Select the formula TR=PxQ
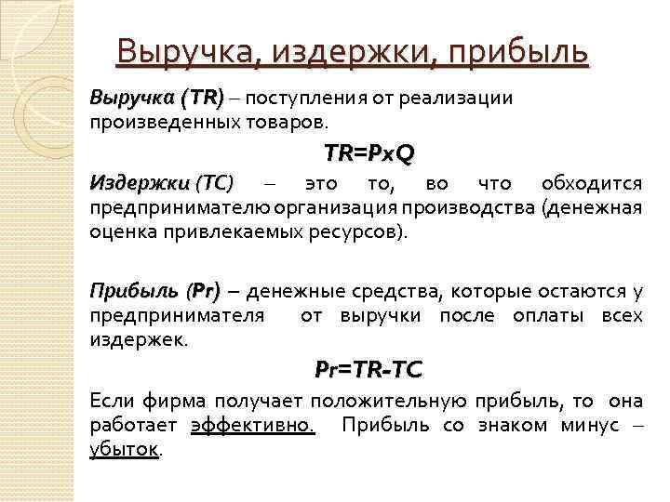point(368,152)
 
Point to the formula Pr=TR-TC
point(368,370)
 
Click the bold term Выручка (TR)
point(156,99)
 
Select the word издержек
point(138,340)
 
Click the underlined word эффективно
point(252,427)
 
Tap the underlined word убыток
point(125,450)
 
